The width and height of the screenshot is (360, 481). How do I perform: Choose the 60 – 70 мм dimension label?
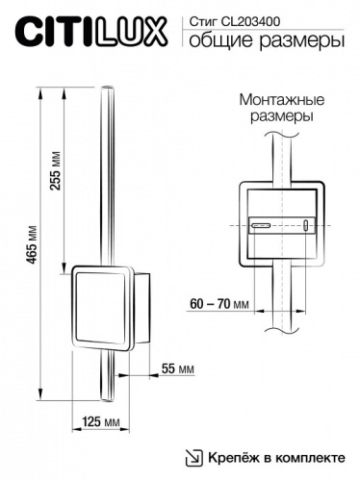click(x=219, y=303)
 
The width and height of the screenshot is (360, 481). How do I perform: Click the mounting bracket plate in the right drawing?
click(x=281, y=222)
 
